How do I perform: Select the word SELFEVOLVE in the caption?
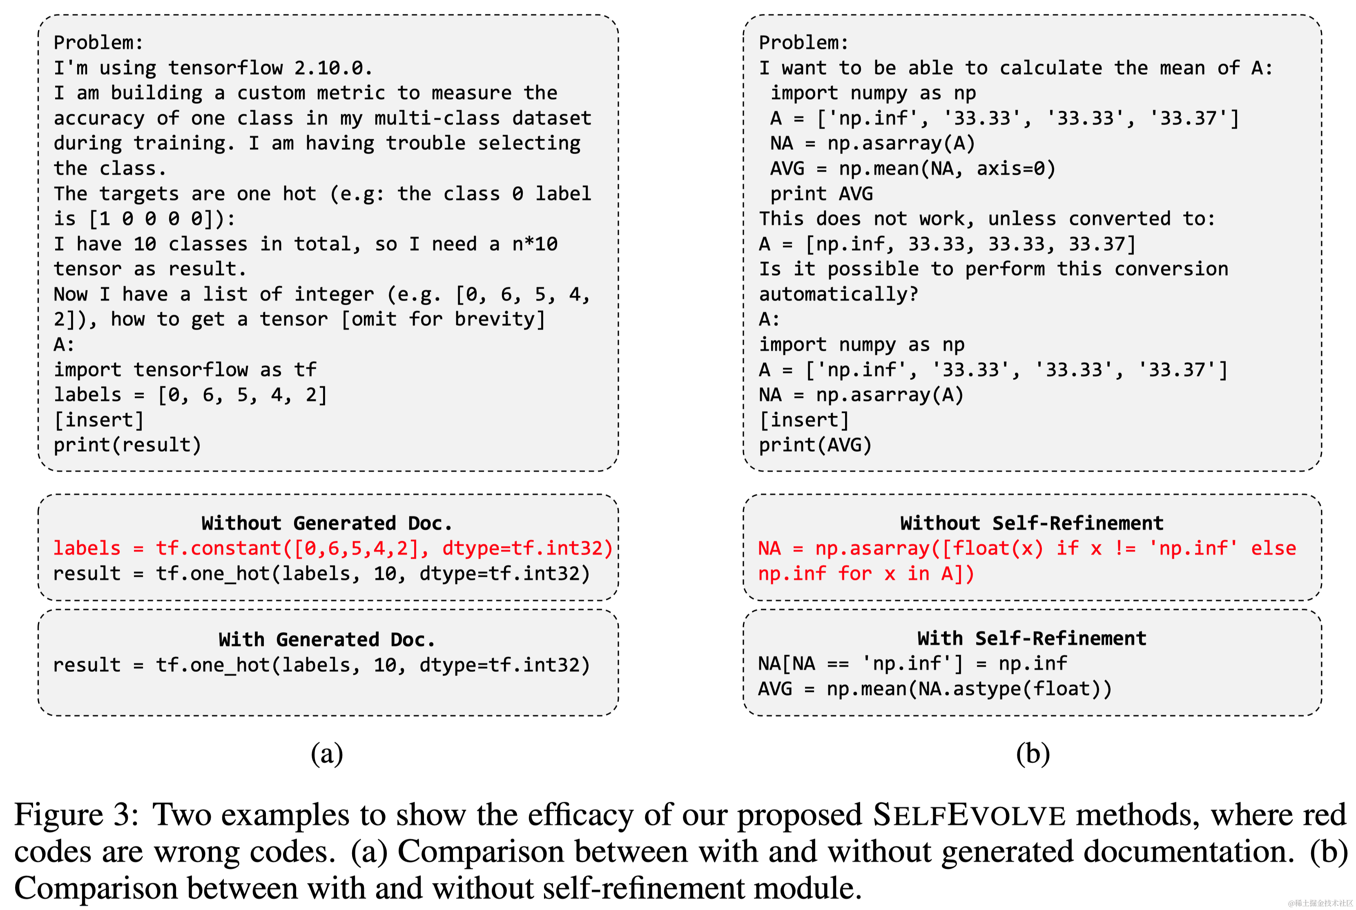point(969,815)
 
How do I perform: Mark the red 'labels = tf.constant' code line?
point(332,549)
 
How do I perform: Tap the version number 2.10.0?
point(332,68)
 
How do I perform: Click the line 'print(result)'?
point(127,445)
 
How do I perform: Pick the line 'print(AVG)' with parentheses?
point(815,445)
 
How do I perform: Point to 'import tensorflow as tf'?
point(185,370)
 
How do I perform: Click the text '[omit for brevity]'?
point(443,319)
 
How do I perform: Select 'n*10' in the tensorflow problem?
point(534,244)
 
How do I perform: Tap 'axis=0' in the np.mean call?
point(1015,168)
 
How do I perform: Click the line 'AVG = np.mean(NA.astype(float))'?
point(934,689)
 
